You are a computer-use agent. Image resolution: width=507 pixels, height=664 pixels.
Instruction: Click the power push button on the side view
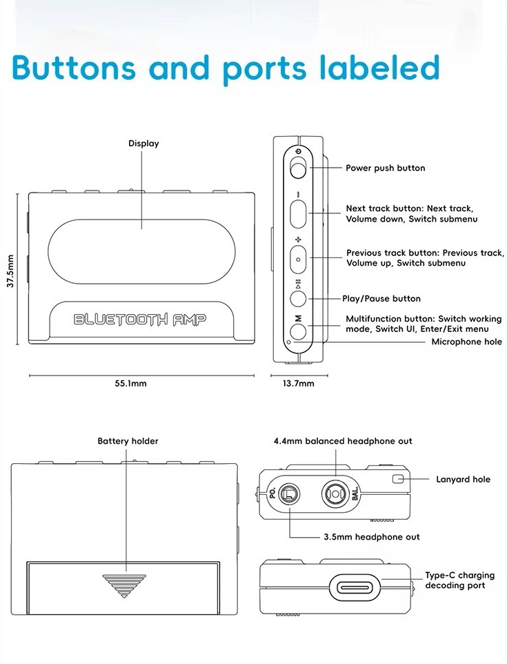[x=298, y=168]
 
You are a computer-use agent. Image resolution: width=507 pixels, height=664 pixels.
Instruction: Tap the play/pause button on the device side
[x=298, y=298]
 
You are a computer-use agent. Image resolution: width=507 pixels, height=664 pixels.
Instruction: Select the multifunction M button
[x=298, y=331]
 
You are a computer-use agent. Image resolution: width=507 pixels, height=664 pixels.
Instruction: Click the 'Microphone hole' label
[x=466, y=342]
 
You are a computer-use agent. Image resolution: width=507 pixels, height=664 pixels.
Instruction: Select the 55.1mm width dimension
[x=130, y=384]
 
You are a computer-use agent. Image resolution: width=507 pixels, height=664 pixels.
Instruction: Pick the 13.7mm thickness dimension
[x=299, y=384]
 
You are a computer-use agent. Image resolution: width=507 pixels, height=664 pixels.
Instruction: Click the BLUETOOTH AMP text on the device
[x=140, y=319]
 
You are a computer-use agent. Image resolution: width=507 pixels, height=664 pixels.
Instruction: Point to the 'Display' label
[x=143, y=144]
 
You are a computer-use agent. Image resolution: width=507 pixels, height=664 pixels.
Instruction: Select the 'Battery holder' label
[x=128, y=441]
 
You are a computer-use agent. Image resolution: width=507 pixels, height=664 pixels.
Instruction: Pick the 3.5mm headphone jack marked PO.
[x=290, y=494]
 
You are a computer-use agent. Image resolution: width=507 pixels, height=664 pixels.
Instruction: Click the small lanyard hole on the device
[x=397, y=479]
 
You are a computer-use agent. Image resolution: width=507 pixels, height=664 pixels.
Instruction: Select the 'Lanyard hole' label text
[x=463, y=479]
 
